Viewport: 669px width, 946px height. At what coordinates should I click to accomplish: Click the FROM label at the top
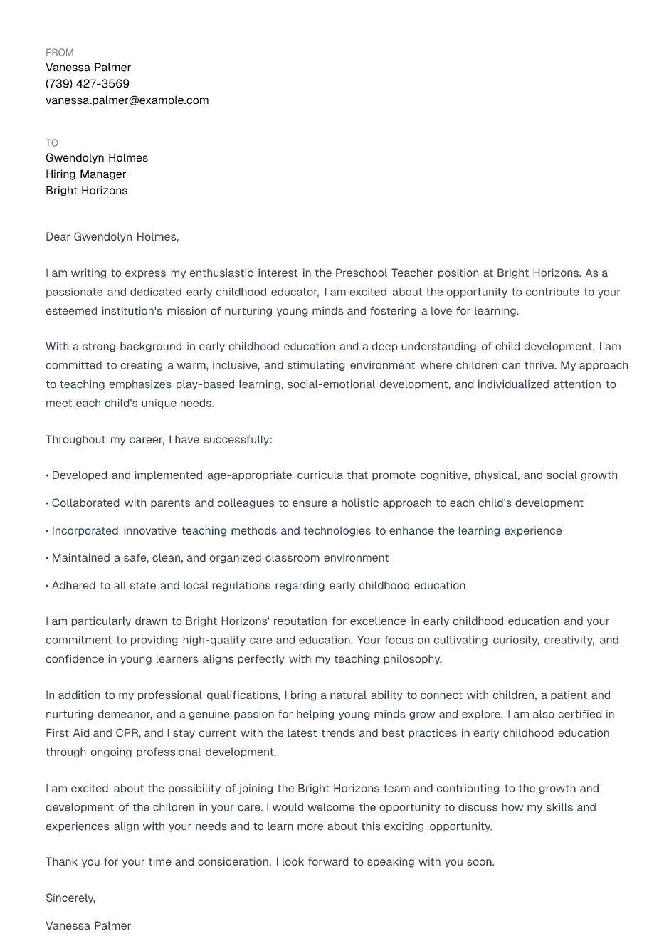pyautogui.click(x=59, y=53)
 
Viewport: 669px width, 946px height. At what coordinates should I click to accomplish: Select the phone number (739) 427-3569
pyautogui.click(x=88, y=84)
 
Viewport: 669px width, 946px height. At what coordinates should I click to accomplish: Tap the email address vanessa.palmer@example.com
pyautogui.click(x=127, y=100)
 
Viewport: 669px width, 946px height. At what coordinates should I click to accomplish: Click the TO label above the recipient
pyautogui.click(x=52, y=143)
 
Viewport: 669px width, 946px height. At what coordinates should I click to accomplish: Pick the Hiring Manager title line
pyautogui.click(x=85, y=174)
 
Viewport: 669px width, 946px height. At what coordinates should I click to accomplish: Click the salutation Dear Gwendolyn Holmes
pyautogui.click(x=112, y=237)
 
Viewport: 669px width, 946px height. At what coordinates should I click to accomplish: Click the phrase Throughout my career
pyautogui.click(x=105, y=440)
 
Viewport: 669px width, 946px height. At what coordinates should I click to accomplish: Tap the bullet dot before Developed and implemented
pyautogui.click(x=47, y=475)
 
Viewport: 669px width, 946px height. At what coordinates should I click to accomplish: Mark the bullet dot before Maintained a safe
pyautogui.click(x=47, y=558)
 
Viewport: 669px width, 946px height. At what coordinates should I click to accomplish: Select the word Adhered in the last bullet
pyautogui.click(x=73, y=586)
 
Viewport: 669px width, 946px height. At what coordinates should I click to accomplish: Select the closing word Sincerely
pyautogui.click(x=70, y=898)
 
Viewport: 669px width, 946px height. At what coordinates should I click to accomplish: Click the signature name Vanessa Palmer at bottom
pyautogui.click(x=88, y=926)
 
